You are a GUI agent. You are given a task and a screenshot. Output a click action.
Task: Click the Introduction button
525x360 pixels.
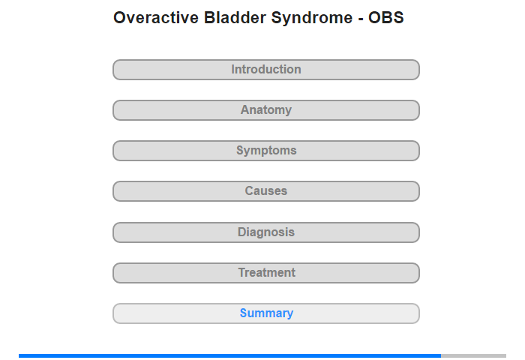(x=266, y=70)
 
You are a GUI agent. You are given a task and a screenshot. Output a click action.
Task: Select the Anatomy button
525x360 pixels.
(x=266, y=110)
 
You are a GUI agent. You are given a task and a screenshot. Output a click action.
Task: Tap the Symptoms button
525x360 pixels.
(x=266, y=151)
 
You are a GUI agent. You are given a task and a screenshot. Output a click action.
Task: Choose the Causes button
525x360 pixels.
(x=266, y=191)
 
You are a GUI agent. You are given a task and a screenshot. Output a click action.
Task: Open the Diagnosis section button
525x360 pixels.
(x=266, y=232)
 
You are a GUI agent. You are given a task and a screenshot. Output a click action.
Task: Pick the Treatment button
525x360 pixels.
(x=266, y=273)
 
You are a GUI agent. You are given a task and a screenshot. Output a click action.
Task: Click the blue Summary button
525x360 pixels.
(x=266, y=313)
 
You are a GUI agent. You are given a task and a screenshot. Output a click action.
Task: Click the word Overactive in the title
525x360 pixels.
(x=156, y=18)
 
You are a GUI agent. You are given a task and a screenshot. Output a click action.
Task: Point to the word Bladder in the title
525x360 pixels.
(x=235, y=18)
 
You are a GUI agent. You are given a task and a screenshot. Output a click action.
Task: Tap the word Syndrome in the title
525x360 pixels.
(x=312, y=19)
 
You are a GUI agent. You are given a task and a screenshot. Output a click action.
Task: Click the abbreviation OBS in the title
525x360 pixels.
(x=386, y=18)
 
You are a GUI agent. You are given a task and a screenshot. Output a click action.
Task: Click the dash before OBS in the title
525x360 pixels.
(x=361, y=19)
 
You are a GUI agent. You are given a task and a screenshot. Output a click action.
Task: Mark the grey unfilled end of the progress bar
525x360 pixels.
(x=473, y=355)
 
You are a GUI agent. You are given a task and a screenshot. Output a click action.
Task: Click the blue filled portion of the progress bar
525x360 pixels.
(x=229, y=355)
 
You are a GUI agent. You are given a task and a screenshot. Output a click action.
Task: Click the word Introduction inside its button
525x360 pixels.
(x=266, y=69)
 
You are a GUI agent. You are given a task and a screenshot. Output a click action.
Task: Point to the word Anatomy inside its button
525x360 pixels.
(x=266, y=110)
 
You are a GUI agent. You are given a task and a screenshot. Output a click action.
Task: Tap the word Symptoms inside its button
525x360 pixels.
(x=266, y=151)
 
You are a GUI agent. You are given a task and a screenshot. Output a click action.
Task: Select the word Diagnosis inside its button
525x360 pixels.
(x=266, y=232)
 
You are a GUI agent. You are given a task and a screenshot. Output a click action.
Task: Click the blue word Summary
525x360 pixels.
(x=266, y=313)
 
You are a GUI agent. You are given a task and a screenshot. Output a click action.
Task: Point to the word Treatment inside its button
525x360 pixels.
(x=267, y=272)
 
